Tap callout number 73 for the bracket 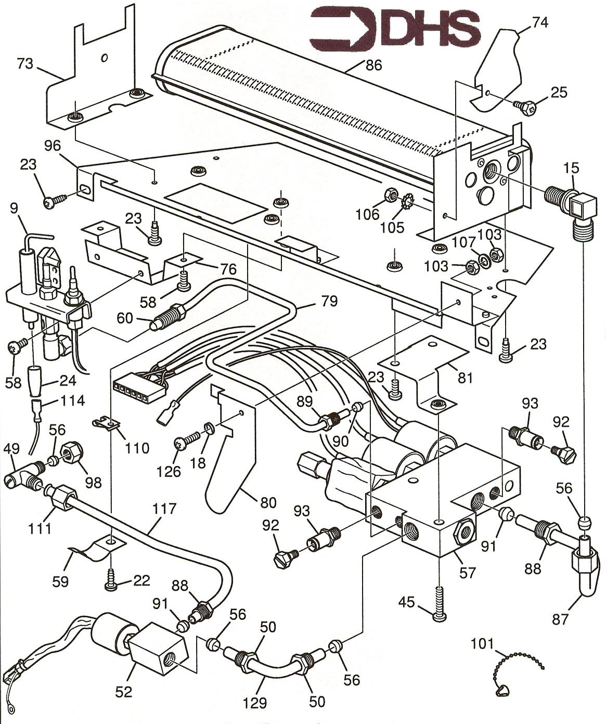pyautogui.click(x=25, y=63)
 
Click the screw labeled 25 pyautogui.click(x=522, y=106)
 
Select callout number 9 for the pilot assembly pyautogui.click(x=14, y=209)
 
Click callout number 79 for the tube pyautogui.click(x=329, y=301)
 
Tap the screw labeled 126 pyautogui.click(x=183, y=443)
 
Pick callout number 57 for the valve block pyautogui.click(x=467, y=572)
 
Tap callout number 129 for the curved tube pyautogui.click(x=254, y=703)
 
